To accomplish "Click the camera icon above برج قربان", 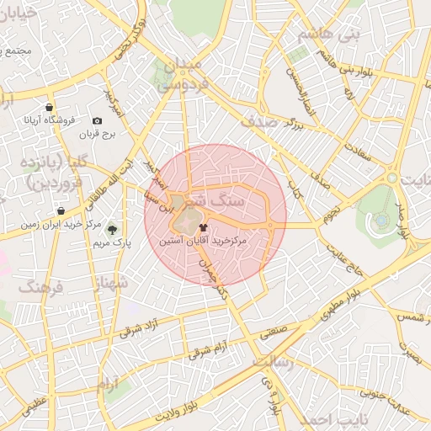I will click(97, 122).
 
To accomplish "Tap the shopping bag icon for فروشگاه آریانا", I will click(50, 108).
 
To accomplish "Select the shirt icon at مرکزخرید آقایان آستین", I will click(202, 227).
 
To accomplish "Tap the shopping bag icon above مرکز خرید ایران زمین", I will click(61, 211).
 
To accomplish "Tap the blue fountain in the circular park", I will click(381, 220).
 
